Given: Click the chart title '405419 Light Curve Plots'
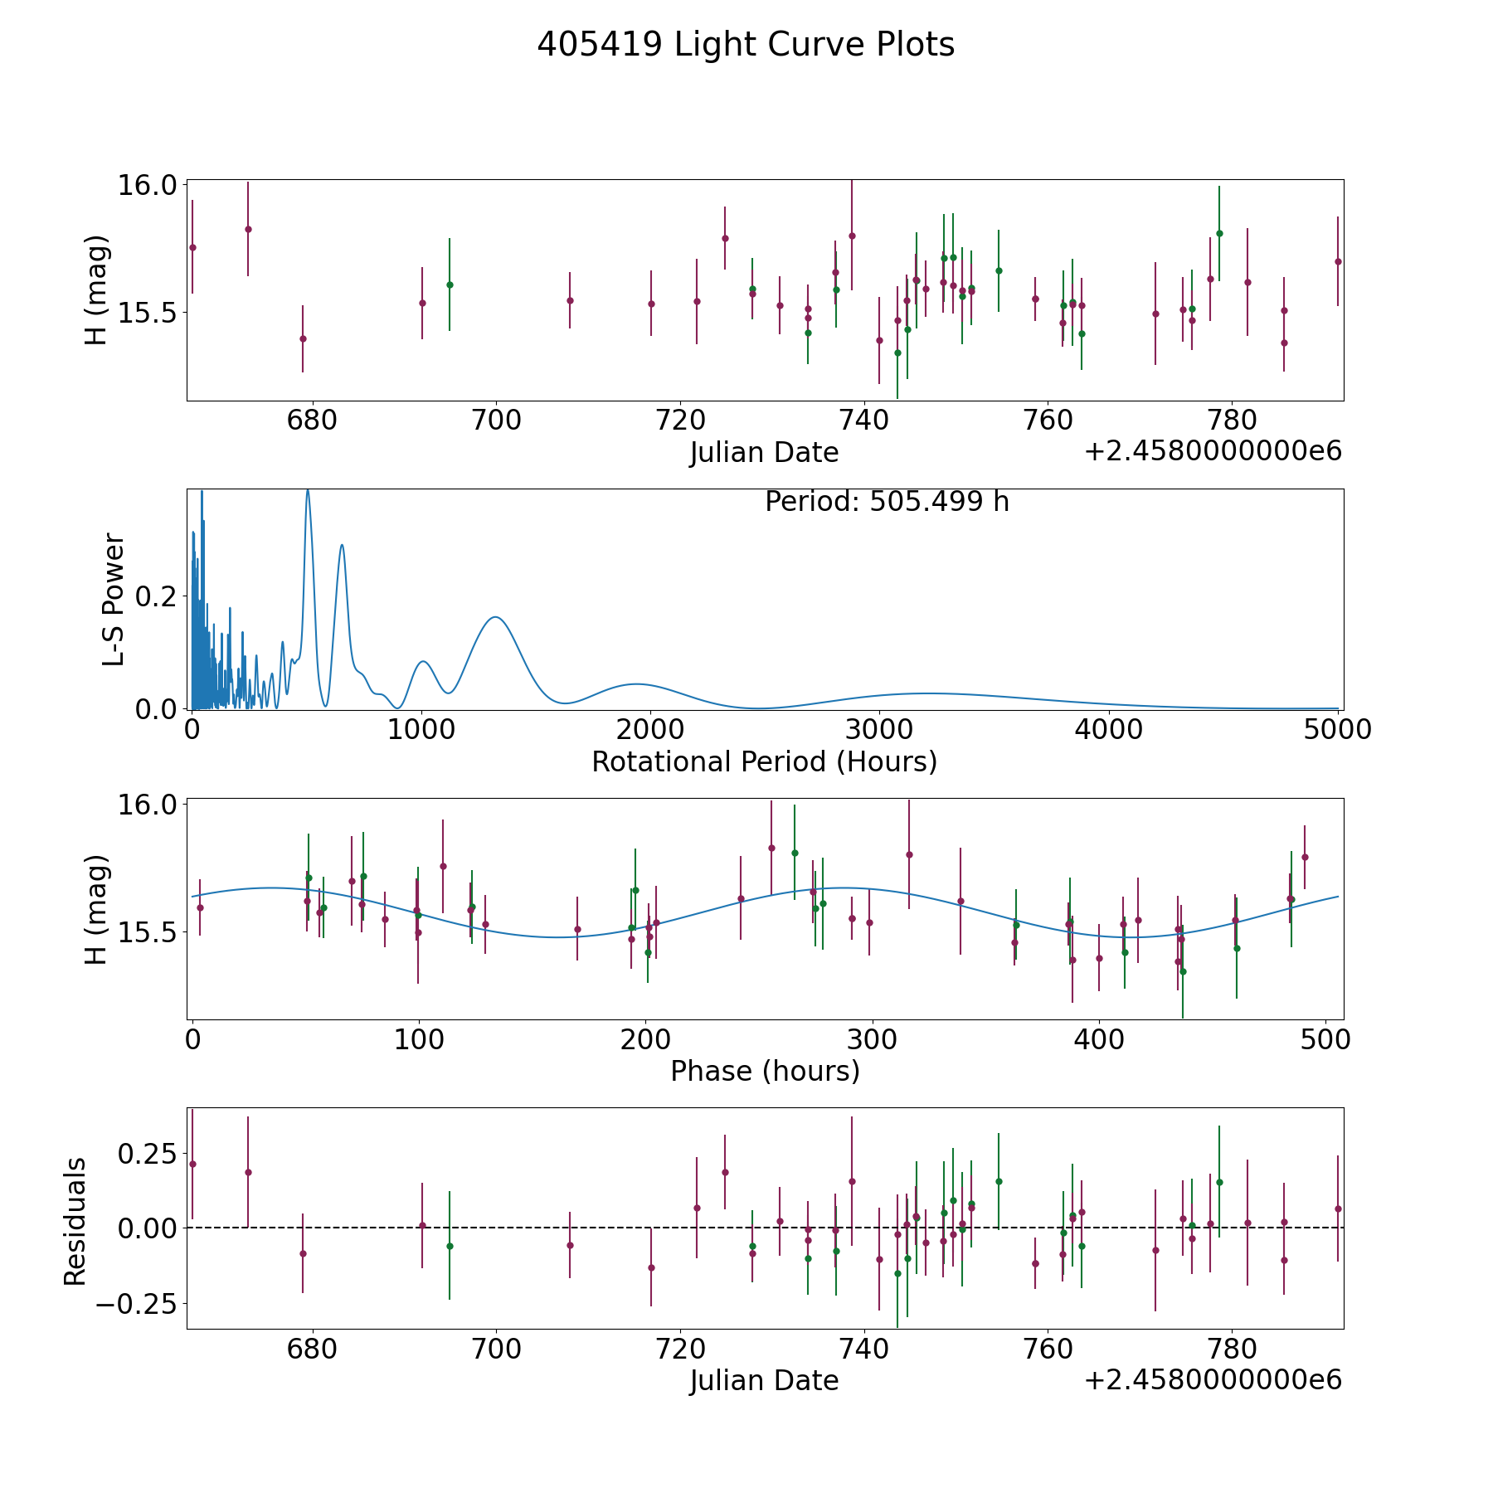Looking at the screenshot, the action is pos(746,45).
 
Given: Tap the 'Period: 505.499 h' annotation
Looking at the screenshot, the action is pos(887,502).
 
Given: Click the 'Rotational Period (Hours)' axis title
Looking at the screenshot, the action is pos(764,761).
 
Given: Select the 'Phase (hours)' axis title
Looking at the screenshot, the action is pos(765,1071).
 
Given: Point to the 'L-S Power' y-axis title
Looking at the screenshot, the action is pos(114,600).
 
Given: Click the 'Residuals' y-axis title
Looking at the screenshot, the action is pos(75,1221).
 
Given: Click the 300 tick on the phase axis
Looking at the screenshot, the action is pos(872,1039).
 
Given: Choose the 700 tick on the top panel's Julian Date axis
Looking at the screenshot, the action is pos(496,421).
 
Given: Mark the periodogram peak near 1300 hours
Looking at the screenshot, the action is pos(495,617).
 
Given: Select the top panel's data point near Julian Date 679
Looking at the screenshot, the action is pos(303,338).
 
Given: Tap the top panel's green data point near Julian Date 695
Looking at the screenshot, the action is pos(450,284).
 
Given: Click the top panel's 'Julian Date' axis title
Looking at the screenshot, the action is pos(764,453).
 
